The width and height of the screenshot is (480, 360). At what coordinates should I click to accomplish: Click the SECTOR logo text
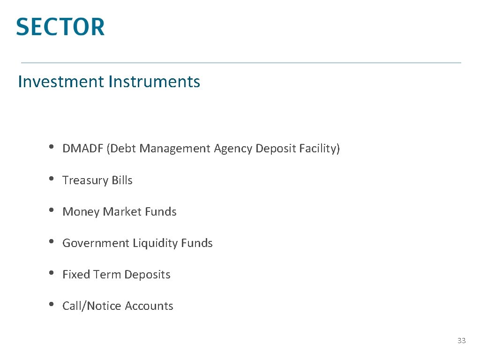pyautogui.click(x=60, y=27)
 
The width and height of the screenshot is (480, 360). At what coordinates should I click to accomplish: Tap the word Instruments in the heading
pyautogui.click(x=154, y=82)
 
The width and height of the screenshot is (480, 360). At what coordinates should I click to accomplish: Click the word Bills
pyautogui.click(x=121, y=180)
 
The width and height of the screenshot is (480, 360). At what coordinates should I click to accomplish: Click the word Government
pyautogui.click(x=96, y=243)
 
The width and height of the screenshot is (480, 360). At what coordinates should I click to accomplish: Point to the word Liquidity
pyautogui.click(x=155, y=243)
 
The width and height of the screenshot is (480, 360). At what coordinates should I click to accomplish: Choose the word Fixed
pyautogui.click(x=76, y=275)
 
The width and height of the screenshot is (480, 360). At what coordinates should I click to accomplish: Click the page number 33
pyautogui.click(x=462, y=341)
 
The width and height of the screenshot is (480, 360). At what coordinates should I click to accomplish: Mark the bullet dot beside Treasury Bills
pyautogui.click(x=51, y=179)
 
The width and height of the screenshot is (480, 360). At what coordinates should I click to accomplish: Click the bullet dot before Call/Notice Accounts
pyautogui.click(x=51, y=305)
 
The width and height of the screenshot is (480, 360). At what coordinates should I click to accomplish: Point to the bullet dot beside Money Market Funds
pyautogui.click(x=51, y=210)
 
